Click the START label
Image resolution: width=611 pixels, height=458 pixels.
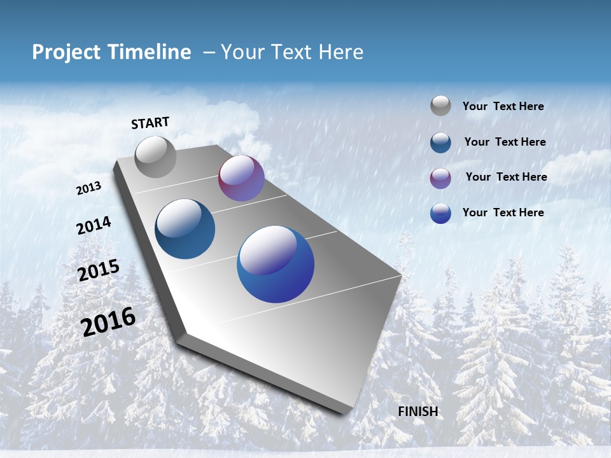[x=150, y=123]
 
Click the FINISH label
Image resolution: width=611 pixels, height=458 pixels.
[x=418, y=412]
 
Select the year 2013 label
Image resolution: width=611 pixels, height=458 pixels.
[x=88, y=188]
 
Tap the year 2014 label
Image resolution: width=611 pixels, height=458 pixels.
[x=94, y=226]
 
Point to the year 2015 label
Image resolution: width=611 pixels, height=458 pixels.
[x=99, y=270]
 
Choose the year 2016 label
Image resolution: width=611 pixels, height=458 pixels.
[x=108, y=321]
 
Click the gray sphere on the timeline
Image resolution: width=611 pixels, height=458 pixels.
[x=156, y=157]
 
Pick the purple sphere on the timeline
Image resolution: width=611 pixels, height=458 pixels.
[x=241, y=178]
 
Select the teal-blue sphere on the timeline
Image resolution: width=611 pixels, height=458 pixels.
[x=185, y=229]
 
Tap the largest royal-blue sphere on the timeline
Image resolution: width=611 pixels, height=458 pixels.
[x=276, y=264]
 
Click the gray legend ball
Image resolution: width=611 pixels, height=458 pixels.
[x=440, y=106]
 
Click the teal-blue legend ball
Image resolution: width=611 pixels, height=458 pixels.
[x=440, y=142]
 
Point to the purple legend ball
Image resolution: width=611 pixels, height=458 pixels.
[x=440, y=178]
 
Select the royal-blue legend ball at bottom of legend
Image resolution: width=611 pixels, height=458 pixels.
[x=440, y=213]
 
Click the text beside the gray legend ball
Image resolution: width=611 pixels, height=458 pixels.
[x=503, y=107]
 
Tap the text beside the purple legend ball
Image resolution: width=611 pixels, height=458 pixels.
[x=506, y=177]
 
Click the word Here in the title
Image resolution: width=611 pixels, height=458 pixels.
[x=341, y=52]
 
